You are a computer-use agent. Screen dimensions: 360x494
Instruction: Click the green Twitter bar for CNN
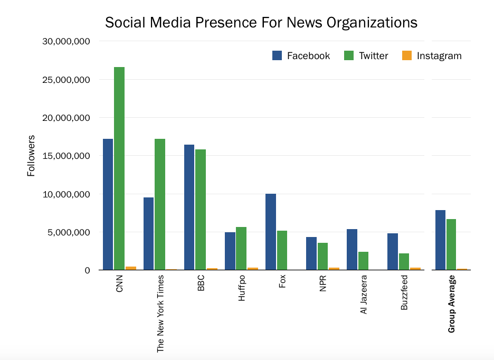tap(119, 168)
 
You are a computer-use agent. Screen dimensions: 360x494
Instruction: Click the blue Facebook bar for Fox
tap(270, 232)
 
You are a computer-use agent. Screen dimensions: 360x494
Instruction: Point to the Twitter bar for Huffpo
tap(241, 248)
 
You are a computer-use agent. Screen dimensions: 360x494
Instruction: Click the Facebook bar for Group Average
tap(440, 240)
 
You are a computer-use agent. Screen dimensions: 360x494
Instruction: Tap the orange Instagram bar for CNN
tap(130, 268)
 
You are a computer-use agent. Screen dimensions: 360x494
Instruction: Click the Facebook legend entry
tap(301, 55)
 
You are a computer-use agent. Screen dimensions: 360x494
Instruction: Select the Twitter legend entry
tap(366, 55)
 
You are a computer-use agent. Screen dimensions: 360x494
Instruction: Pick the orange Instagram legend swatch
tap(407, 55)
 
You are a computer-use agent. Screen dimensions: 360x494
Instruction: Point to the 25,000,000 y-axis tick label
tap(66, 80)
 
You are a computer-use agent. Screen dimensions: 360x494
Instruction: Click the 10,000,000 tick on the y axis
tap(66, 194)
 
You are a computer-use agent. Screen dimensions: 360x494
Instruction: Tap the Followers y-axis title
tap(31, 156)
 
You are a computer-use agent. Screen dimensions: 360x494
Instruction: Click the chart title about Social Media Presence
tap(261, 23)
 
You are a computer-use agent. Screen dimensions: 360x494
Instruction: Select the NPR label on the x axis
tap(323, 283)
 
